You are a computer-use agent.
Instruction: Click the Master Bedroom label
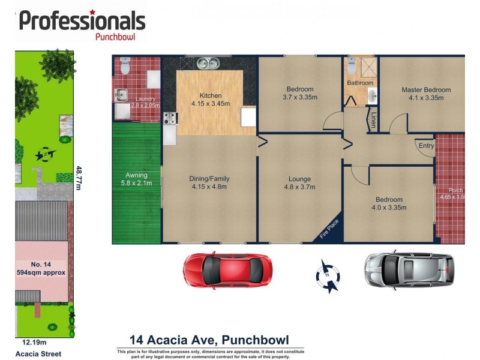click(x=425, y=90)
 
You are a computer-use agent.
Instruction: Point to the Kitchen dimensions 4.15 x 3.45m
click(x=210, y=104)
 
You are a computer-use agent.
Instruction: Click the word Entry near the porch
click(x=426, y=146)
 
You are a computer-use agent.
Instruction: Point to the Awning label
click(x=136, y=175)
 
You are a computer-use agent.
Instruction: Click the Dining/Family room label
click(x=209, y=179)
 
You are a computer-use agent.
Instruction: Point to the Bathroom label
click(x=360, y=83)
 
